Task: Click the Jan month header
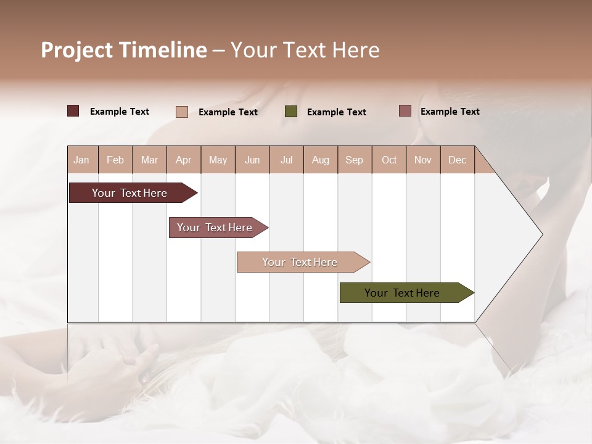coord(81,160)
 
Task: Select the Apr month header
coord(184,160)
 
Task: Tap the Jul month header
coord(286,160)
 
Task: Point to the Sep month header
coord(354,160)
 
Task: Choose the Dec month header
coord(457,160)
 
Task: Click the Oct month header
coord(389,160)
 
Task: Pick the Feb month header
coord(115,160)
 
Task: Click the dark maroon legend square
coord(73,111)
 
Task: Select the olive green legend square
coord(291,111)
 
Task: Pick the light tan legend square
coord(181,112)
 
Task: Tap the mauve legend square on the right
coord(405,111)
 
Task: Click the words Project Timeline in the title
coord(123,50)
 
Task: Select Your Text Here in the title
coord(305,50)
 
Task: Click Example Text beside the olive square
coord(336,112)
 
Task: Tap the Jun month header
coord(252,160)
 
